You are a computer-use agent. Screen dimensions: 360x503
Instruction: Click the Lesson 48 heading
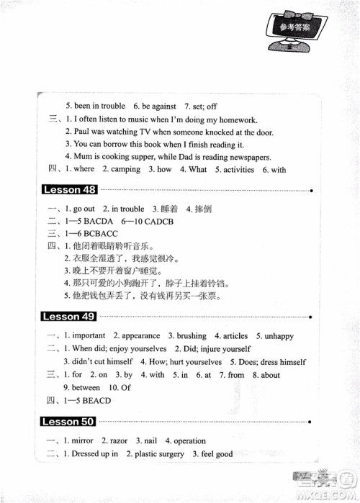[70, 190]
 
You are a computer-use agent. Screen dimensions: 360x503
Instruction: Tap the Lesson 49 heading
[70, 317]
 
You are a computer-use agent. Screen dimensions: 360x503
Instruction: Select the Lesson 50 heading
[70, 421]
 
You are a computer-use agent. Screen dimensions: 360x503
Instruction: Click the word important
[89, 335]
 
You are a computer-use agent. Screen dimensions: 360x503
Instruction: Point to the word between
[91, 388]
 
